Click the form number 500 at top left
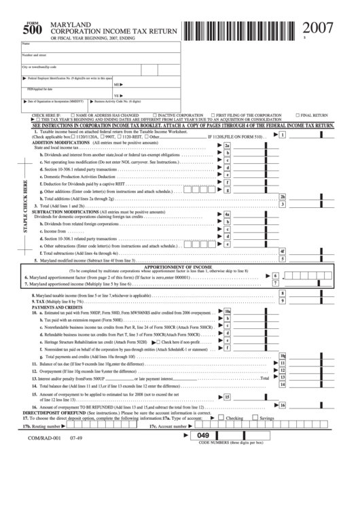pos(31,29)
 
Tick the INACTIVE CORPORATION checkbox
pos(156,116)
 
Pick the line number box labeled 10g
pos(283,356)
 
